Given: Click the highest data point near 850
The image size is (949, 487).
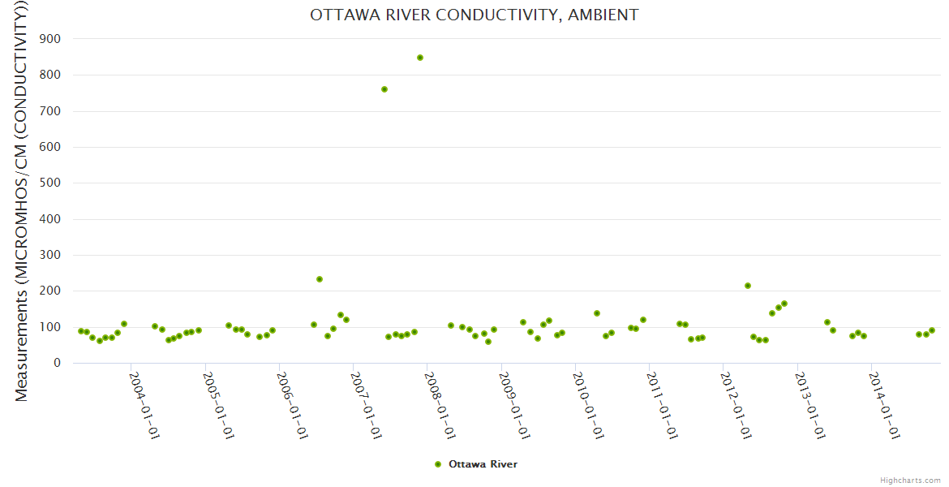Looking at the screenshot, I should [x=420, y=58].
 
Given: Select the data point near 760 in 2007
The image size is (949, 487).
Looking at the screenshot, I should [x=384, y=89].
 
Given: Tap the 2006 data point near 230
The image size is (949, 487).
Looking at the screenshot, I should [x=320, y=279].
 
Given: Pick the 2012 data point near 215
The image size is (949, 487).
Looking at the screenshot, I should [x=748, y=286].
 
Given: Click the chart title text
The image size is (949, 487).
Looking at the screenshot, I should [x=474, y=15].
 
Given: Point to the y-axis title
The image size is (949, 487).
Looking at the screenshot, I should [x=22, y=200].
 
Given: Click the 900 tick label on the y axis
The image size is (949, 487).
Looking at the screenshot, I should [x=51, y=39].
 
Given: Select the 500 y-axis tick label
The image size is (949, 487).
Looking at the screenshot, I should [x=51, y=183].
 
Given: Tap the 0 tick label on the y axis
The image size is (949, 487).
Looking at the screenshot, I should [x=58, y=363].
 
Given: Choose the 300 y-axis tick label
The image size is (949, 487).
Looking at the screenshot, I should [x=51, y=255].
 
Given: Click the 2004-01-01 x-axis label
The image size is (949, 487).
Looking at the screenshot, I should [x=144, y=406].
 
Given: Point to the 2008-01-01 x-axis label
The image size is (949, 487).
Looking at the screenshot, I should [x=440, y=406].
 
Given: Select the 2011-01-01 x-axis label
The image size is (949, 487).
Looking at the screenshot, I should [x=663, y=406].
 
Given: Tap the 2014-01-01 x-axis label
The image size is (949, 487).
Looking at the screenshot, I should [x=884, y=406].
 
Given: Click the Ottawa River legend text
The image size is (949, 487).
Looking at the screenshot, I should [x=483, y=464].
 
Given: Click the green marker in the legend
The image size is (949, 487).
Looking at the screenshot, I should [x=438, y=464].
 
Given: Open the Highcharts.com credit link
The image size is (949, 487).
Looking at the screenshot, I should [x=910, y=480].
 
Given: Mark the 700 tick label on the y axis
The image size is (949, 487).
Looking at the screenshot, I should [x=51, y=111].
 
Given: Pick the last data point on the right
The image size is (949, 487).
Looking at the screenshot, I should [x=932, y=330].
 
